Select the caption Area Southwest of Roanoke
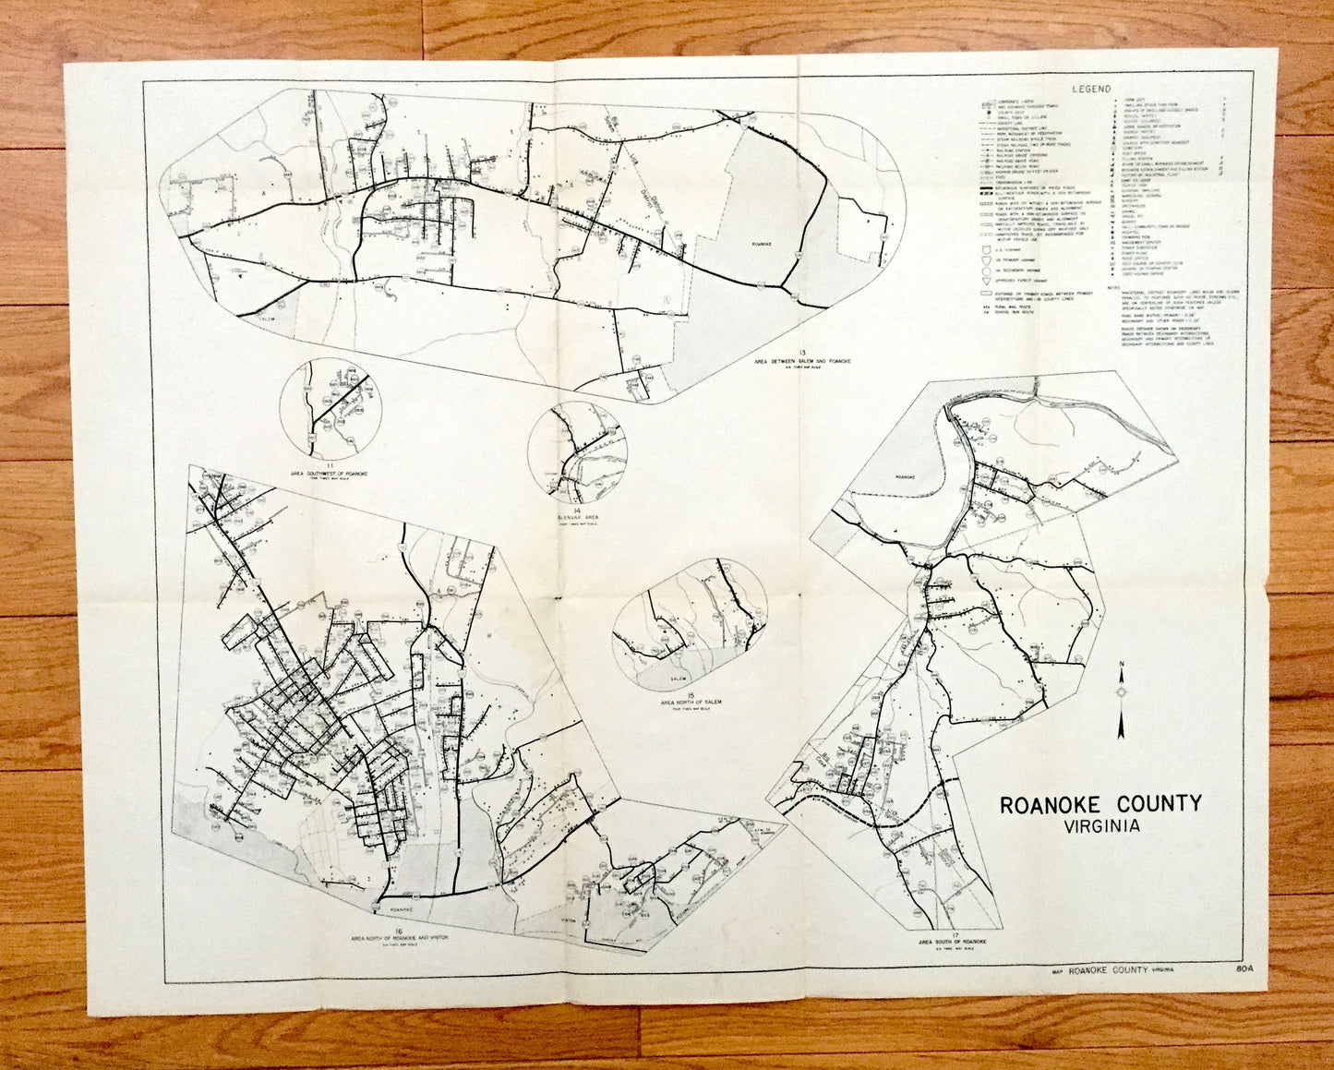pyautogui.click(x=330, y=474)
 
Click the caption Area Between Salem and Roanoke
pyautogui.click(x=802, y=362)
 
